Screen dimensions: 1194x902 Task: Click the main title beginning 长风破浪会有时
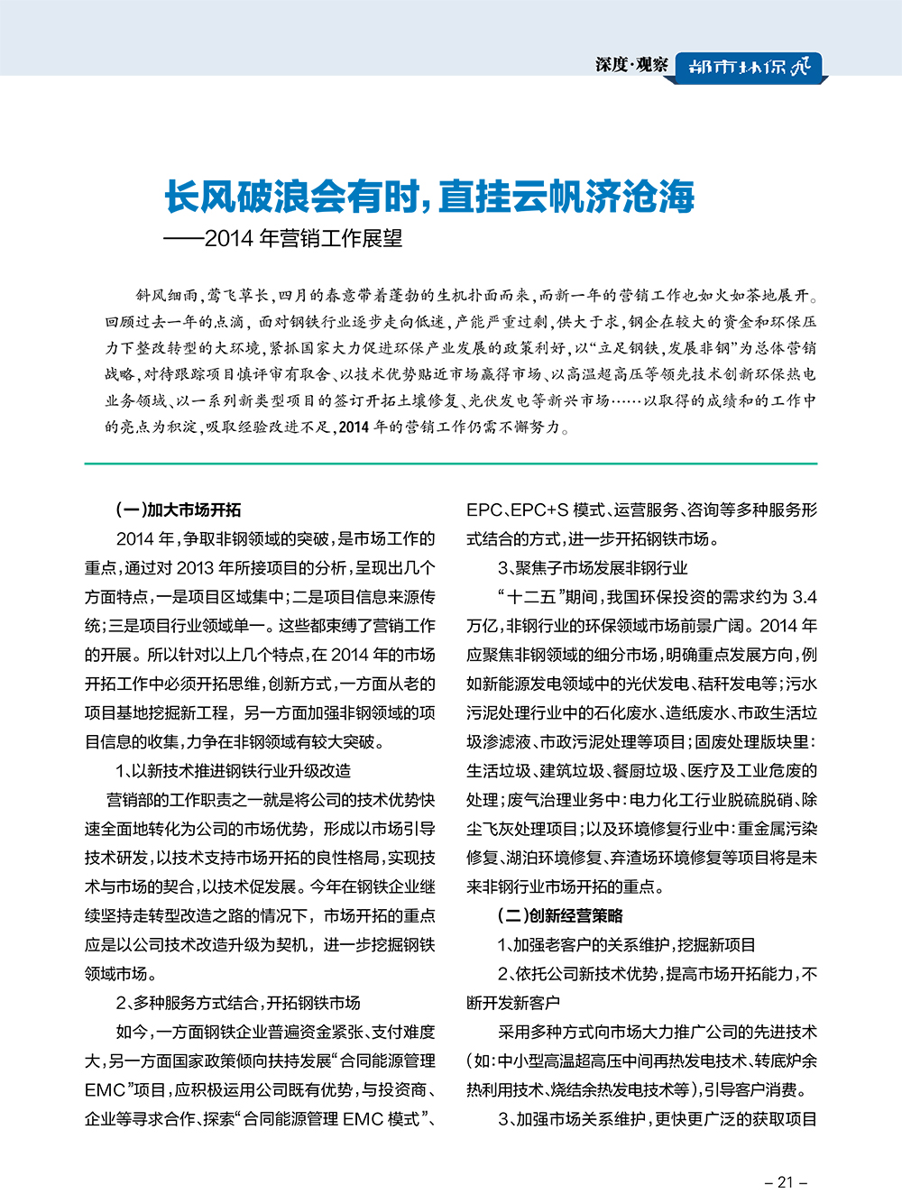429,197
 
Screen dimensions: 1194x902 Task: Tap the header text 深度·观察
631,65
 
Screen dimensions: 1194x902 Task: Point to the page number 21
785,1181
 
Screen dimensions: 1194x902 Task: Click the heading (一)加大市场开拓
179,510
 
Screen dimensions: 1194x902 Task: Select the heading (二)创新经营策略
560,916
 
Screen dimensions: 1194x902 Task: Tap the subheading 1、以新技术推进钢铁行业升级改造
234,771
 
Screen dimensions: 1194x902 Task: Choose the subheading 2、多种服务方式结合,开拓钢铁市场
238,1003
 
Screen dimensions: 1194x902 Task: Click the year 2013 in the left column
195,568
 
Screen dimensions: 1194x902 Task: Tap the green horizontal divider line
451,464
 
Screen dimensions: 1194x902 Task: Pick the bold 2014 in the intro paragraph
354,427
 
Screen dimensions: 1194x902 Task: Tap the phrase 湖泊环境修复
559,858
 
